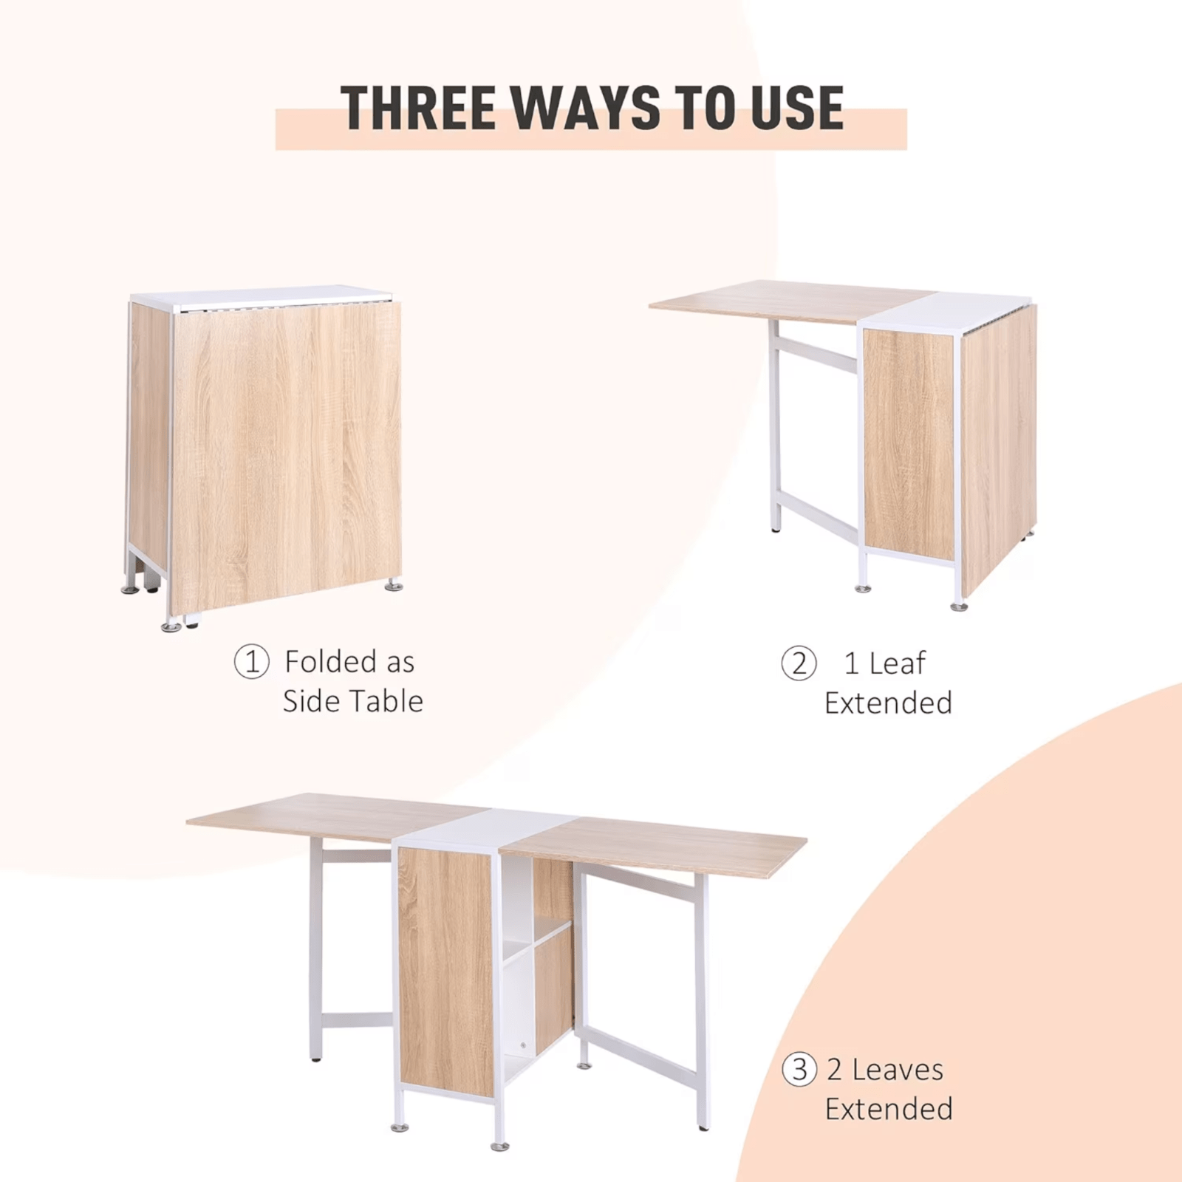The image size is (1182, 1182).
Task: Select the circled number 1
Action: click(x=251, y=661)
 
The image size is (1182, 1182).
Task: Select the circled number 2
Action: click(x=799, y=663)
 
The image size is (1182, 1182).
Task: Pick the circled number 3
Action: click(x=799, y=1069)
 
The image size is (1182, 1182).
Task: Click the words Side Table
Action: click(x=352, y=701)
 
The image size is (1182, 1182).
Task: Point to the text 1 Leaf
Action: click(x=884, y=663)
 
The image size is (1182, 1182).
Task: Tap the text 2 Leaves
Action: click(x=884, y=1069)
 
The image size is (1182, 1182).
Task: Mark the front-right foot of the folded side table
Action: click(x=394, y=585)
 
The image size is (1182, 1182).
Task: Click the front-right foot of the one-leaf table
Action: click(x=959, y=606)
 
